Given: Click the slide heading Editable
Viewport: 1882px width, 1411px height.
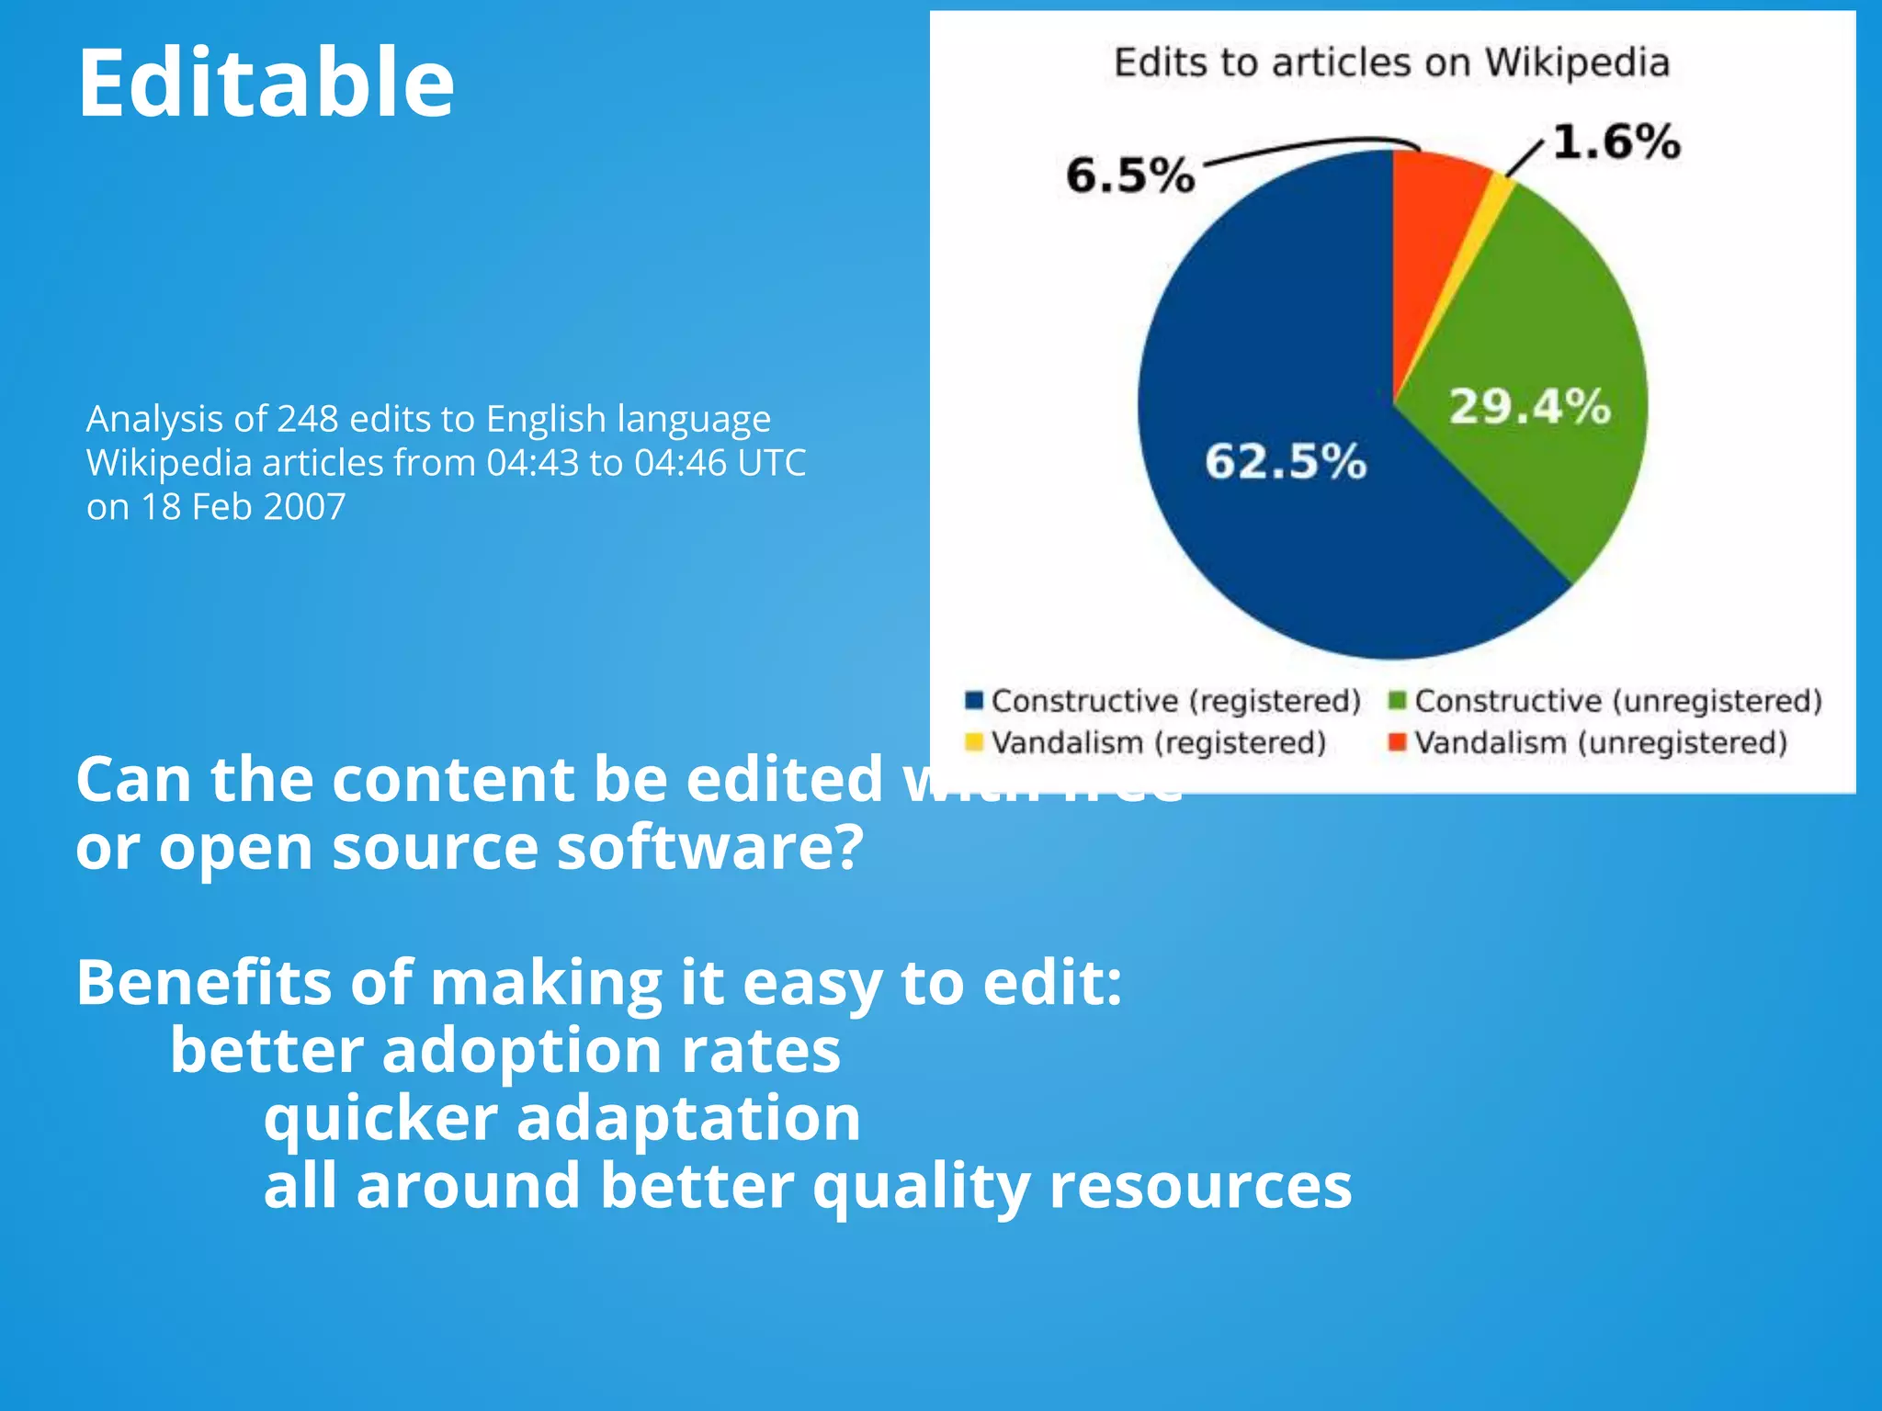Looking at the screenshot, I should (266, 84).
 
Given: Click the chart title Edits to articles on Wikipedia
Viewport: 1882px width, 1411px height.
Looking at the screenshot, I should (1391, 62).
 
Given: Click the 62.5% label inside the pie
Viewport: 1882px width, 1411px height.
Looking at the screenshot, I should (1286, 461).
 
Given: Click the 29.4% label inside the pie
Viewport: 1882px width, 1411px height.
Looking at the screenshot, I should (1530, 406).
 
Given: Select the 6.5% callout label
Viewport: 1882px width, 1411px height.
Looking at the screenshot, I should (1130, 175).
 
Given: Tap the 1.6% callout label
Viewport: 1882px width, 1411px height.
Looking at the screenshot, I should (1616, 142).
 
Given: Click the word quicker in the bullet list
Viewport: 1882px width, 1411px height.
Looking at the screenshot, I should (380, 1119).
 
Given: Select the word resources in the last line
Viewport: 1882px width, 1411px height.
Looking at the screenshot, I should (1200, 1186).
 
